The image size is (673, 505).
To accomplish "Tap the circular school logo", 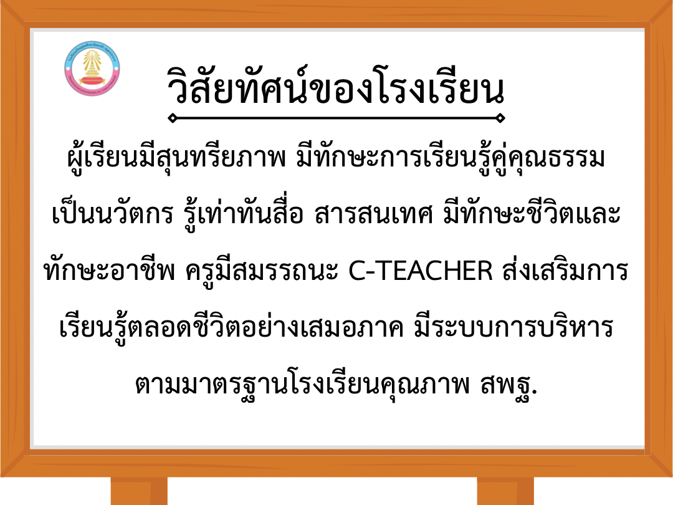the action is tap(92, 69).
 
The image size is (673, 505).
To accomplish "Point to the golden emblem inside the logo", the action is tap(92, 64).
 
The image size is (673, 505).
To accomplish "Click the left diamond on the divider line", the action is tap(172, 118).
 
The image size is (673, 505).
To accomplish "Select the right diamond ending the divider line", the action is tap(500, 118).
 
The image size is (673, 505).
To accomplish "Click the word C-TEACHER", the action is tap(420, 271).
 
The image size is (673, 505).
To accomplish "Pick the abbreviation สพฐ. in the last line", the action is tap(508, 384).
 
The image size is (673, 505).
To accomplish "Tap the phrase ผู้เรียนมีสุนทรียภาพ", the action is tap(176, 157).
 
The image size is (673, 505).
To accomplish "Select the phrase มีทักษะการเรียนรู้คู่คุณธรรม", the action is tap(451, 157).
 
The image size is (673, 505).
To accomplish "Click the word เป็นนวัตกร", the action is tap(112, 213).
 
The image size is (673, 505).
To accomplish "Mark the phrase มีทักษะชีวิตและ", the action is tap(532, 213).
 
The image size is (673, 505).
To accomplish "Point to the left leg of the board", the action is tap(139, 491).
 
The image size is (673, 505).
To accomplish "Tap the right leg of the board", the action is tap(505, 491).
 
